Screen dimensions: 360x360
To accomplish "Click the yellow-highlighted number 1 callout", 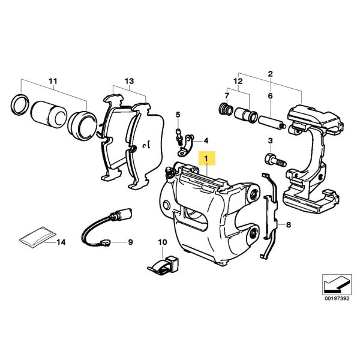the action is point(206,158).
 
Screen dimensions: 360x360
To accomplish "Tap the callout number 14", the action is point(61,242).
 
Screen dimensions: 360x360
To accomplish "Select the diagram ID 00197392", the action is point(337,298).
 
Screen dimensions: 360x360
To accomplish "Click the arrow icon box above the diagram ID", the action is point(337,284).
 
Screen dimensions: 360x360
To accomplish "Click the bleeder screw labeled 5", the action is point(179,137).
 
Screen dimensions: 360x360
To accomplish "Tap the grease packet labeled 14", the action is point(38,237).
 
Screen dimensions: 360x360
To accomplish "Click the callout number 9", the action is point(130,242).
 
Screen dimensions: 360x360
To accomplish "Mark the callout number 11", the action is point(53,81).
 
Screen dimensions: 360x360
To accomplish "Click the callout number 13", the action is point(129,81).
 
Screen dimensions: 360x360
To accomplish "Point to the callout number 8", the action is point(289,224).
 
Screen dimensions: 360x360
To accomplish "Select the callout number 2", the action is point(270,74).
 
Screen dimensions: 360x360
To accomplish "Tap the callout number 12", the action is point(238,81).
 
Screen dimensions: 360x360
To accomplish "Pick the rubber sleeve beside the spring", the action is point(246,115).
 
